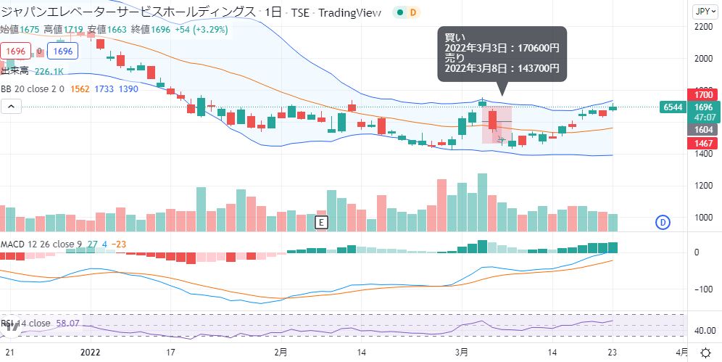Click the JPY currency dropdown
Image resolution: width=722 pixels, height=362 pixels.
click(x=702, y=11)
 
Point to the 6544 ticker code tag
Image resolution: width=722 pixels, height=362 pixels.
click(x=671, y=107)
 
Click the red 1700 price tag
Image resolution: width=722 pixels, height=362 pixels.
click(x=702, y=95)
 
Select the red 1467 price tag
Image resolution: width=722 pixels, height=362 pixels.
click(x=702, y=144)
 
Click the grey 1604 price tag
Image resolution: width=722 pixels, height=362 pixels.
click(x=702, y=129)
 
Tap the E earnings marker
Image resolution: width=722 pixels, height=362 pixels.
click(x=323, y=222)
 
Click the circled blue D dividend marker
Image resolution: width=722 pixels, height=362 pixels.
click(x=662, y=222)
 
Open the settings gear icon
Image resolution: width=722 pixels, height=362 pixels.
click(x=705, y=353)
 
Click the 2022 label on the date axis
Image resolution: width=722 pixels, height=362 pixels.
click(x=90, y=353)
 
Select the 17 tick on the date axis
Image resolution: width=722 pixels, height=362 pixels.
click(x=171, y=353)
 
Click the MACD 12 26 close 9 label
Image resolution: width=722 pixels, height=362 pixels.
click(x=36, y=244)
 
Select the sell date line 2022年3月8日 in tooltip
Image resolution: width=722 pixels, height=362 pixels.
click(x=502, y=69)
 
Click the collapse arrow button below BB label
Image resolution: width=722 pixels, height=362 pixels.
click(x=11, y=106)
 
